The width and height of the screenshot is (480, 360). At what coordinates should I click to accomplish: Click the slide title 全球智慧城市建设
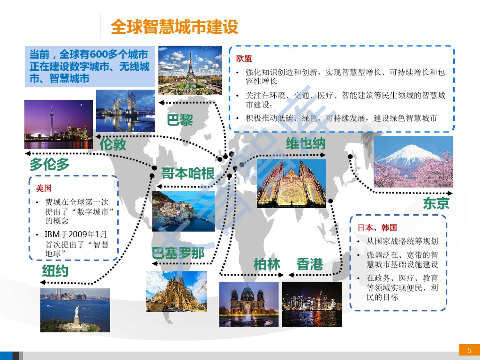[x=174, y=27]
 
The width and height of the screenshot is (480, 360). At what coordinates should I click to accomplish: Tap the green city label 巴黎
[x=180, y=120]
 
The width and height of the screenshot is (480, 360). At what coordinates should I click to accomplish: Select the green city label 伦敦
[x=113, y=144]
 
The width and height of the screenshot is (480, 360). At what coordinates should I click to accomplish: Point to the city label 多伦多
[x=50, y=165]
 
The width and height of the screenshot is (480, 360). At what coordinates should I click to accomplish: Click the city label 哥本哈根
[x=187, y=174]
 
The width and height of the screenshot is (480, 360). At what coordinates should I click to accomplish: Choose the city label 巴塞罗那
[x=178, y=254]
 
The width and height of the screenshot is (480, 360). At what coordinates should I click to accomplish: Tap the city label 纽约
[x=55, y=271]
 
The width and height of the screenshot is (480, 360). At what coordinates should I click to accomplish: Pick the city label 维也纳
[x=306, y=143]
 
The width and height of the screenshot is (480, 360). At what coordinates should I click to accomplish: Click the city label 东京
[x=436, y=203]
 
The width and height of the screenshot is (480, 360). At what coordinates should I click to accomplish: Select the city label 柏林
[x=267, y=264]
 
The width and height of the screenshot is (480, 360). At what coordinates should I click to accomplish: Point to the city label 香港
[x=310, y=264]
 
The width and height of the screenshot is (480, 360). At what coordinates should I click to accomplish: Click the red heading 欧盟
[x=244, y=59]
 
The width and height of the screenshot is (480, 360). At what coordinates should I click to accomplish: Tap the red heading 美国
[x=43, y=188]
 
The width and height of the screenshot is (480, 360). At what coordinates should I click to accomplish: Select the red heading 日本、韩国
[x=377, y=227]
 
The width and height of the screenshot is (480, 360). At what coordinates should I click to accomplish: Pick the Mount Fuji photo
[x=413, y=162]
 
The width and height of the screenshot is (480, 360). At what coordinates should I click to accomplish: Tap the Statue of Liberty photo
[x=75, y=310]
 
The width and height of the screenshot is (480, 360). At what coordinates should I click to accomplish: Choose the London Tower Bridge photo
[x=125, y=111]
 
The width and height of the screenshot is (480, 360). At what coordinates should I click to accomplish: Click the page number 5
[x=469, y=350]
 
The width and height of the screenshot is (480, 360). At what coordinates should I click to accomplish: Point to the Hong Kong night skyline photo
[x=312, y=304]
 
